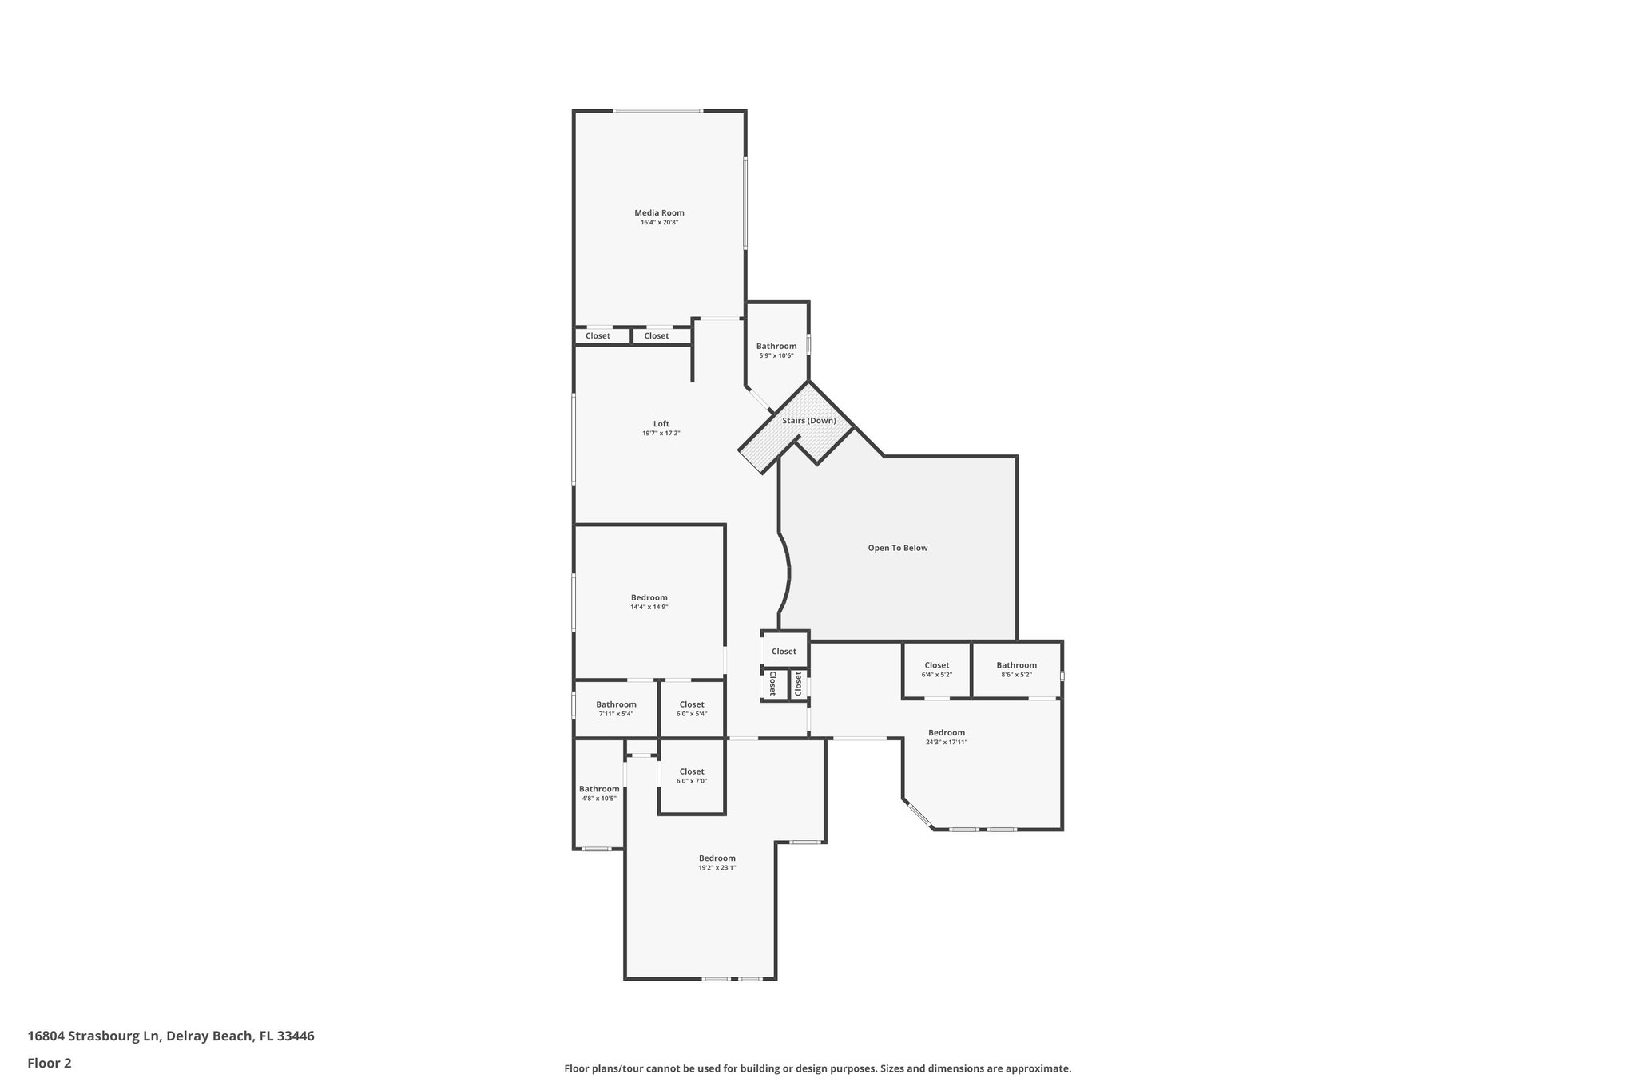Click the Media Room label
(659, 213)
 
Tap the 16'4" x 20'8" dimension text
(659, 223)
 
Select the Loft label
(661, 424)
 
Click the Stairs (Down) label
(808, 421)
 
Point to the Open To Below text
(898, 549)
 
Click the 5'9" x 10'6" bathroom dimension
(776, 356)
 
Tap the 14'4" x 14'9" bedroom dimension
(649, 608)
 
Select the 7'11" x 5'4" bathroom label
(616, 705)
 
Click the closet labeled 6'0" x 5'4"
(691, 705)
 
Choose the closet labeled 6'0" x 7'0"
(691, 772)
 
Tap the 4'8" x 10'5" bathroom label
(598, 790)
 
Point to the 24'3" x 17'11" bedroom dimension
(946, 743)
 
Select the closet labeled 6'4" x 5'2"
(936, 666)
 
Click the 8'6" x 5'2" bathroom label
(1016, 666)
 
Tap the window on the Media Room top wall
(657, 111)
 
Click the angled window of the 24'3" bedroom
(919, 815)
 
